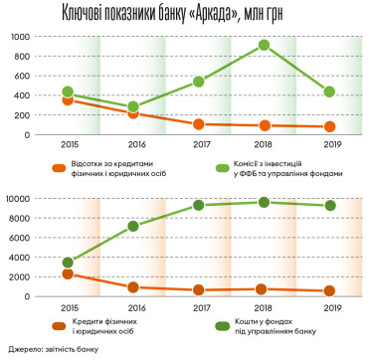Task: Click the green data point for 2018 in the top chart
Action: click(x=265, y=45)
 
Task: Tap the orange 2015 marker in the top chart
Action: click(x=68, y=99)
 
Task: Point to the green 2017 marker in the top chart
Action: click(x=199, y=82)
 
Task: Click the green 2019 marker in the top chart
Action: click(x=328, y=91)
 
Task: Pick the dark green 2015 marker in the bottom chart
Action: click(x=68, y=263)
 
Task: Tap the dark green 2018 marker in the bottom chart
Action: click(x=265, y=202)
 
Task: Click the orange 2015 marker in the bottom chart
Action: click(x=68, y=273)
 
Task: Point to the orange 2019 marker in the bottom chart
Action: click(x=328, y=290)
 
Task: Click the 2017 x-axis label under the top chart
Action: click(x=199, y=144)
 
